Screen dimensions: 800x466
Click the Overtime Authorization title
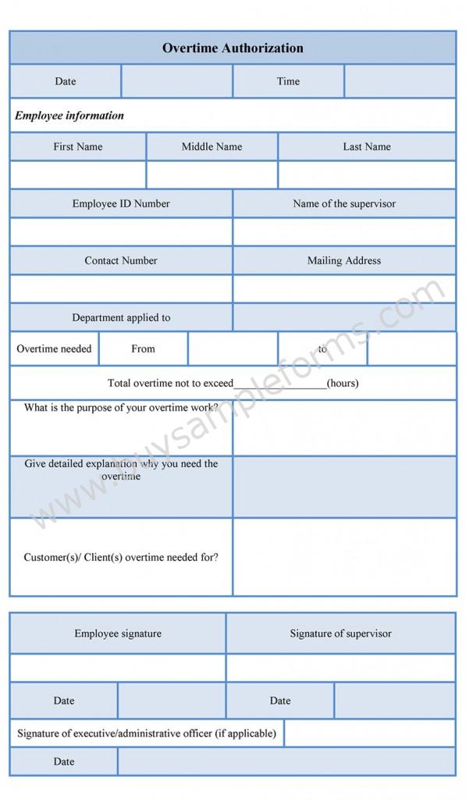233,48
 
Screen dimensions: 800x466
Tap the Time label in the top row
288,81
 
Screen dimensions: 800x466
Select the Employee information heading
69,116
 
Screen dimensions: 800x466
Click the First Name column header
78,147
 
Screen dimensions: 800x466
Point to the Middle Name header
212,147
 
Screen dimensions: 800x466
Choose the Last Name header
367,147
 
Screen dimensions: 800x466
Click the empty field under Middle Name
212,174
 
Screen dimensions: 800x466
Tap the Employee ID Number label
121,204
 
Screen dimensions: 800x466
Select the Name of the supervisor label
344,204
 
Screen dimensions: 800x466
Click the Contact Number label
121,261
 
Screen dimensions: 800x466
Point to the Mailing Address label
344,261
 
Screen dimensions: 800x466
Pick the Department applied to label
121,318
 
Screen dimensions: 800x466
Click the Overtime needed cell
54,349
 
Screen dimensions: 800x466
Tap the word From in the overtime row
143,349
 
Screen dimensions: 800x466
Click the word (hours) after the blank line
343,384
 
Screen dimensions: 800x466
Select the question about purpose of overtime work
121,408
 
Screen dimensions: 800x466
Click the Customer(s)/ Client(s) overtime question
121,557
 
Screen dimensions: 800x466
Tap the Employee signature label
118,634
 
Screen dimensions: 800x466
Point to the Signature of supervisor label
341,634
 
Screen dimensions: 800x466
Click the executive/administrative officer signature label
147,734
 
